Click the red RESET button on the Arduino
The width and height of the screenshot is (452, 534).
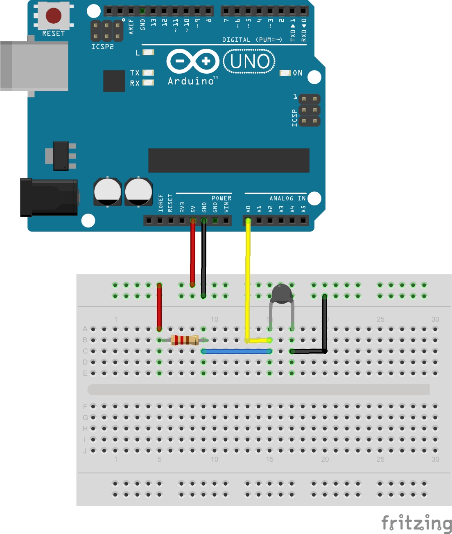[x=53, y=16]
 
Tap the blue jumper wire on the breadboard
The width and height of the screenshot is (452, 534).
[x=237, y=351]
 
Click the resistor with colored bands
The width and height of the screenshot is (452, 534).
[x=185, y=340]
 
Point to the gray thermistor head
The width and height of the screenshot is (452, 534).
[x=282, y=294]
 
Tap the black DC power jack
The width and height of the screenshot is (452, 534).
[x=49, y=197]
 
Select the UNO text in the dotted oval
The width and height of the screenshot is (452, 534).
[x=249, y=61]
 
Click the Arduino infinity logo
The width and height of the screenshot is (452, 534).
[x=193, y=61]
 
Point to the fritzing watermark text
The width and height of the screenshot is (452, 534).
[x=416, y=523]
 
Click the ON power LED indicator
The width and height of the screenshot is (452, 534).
[x=285, y=73]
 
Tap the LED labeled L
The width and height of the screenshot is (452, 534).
[x=148, y=52]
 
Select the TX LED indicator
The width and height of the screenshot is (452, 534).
[x=148, y=72]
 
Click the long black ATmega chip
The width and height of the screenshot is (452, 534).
[x=228, y=160]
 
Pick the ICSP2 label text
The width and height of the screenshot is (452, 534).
[x=102, y=47]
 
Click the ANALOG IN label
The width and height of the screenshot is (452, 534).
[x=287, y=198]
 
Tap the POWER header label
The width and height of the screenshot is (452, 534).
[x=221, y=198]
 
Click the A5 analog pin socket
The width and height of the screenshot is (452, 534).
[x=303, y=221]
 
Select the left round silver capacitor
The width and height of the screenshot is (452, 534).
[x=107, y=192]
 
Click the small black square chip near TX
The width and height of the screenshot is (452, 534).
[x=114, y=81]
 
